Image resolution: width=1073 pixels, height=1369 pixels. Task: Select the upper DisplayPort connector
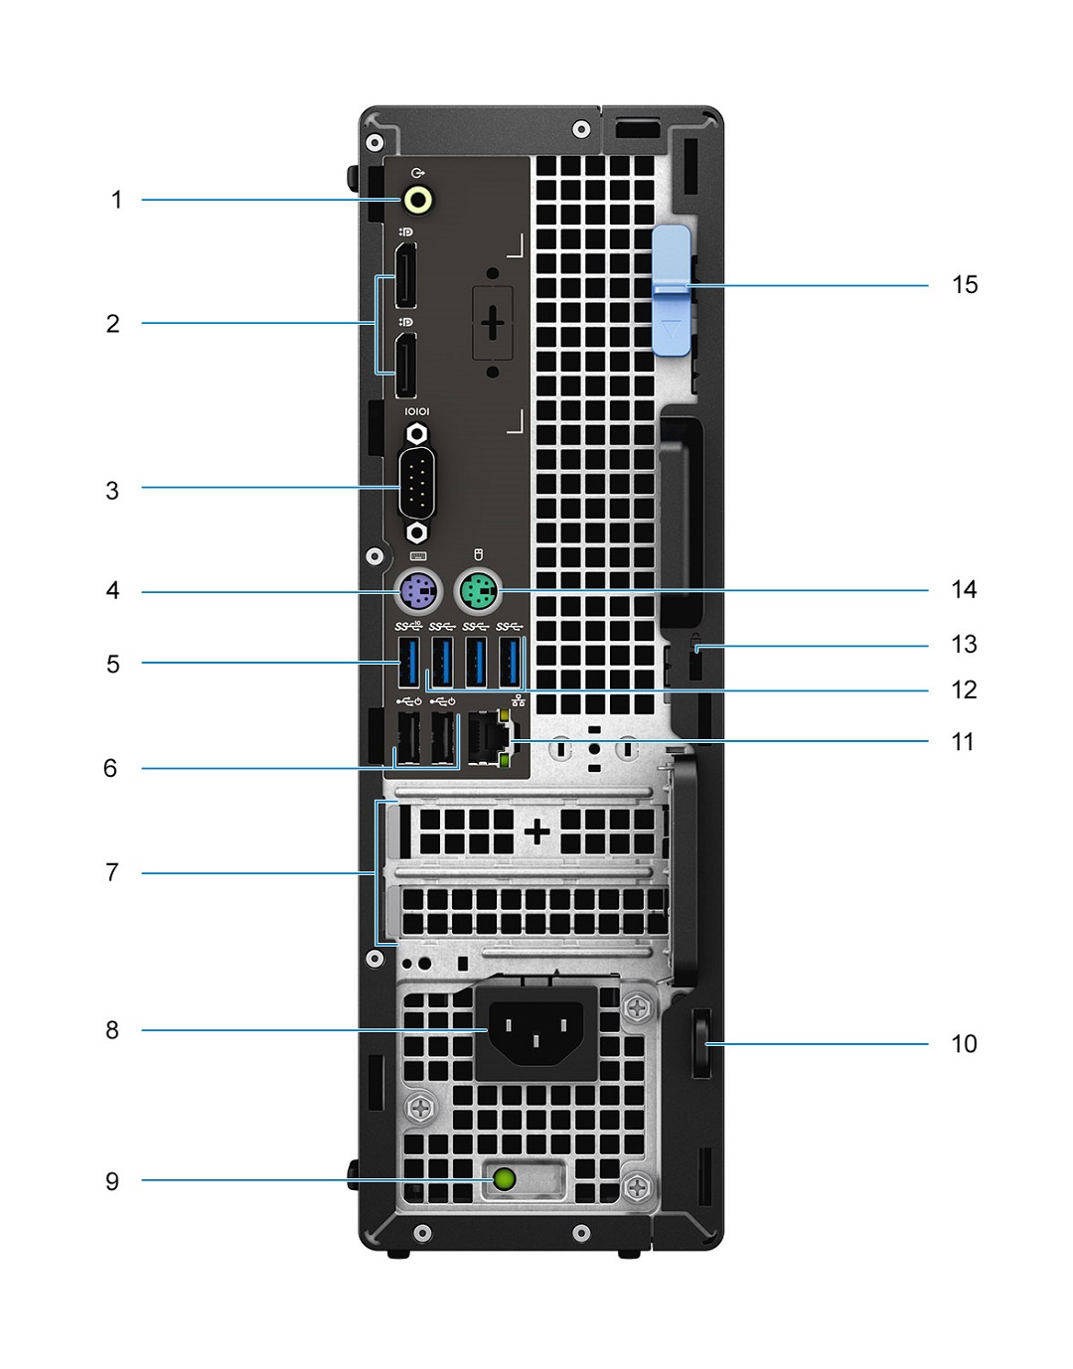(405, 275)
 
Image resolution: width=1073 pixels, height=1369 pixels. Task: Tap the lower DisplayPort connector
(405, 365)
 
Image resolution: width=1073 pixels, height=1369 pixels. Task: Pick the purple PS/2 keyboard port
(417, 593)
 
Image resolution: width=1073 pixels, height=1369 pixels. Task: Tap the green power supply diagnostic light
(505, 1180)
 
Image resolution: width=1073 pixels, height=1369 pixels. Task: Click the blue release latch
(673, 290)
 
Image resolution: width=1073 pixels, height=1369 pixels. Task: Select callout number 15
(965, 285)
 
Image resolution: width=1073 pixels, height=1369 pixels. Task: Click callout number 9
(112, 1181)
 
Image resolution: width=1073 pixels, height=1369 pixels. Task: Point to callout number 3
(112, 491)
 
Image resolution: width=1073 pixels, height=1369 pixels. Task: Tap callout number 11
(963, 742)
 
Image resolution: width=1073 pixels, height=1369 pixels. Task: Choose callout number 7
(112, 872)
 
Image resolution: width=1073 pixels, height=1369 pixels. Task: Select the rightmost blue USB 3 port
(510, 662)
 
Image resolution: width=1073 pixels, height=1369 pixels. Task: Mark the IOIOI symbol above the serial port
(417, 411)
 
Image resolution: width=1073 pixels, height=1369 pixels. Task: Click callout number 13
(964, 645)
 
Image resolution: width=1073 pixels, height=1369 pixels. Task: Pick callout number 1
(116, 200)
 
